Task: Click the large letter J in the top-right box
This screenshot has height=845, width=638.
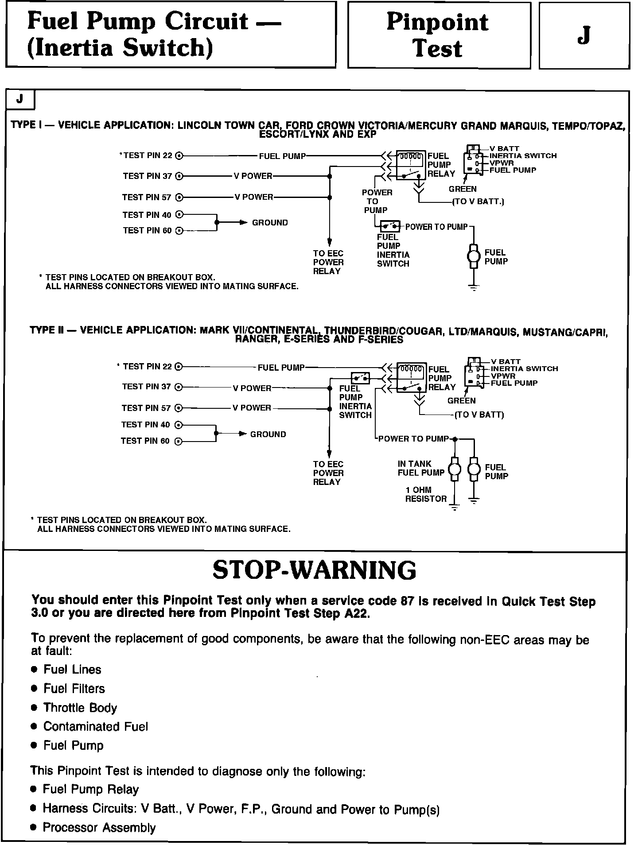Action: click(x=584, y=35)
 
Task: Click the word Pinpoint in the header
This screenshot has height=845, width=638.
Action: click(x=437, y=22)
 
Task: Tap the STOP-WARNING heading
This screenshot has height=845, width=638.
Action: click(x=314, y=570)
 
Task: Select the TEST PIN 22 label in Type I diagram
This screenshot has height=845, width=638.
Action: click(x=148, y=155)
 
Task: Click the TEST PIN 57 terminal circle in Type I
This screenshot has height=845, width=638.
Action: click(x=179, y=198)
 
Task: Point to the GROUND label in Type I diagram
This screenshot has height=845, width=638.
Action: click(x=270, y=223)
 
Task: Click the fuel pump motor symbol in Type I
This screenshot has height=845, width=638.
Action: click(x=474, y=256)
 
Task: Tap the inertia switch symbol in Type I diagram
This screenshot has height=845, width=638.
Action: click(x=390, y=227)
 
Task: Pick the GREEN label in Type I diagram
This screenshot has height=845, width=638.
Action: click(x=463, y=189)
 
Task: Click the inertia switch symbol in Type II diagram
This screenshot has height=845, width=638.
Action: click(x=360, y=378)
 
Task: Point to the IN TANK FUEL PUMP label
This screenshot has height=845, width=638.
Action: click(x=420, y=468)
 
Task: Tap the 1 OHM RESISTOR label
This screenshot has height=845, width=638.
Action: click(x=426, y=494)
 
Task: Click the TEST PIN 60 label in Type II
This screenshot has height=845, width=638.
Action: click(x=145, y=441)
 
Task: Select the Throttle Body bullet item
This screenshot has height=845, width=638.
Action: click(x=80, y=708)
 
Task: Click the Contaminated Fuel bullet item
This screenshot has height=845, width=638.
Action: click(x=95, y=727)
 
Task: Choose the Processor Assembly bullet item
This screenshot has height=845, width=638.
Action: click(x=99, y=828)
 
